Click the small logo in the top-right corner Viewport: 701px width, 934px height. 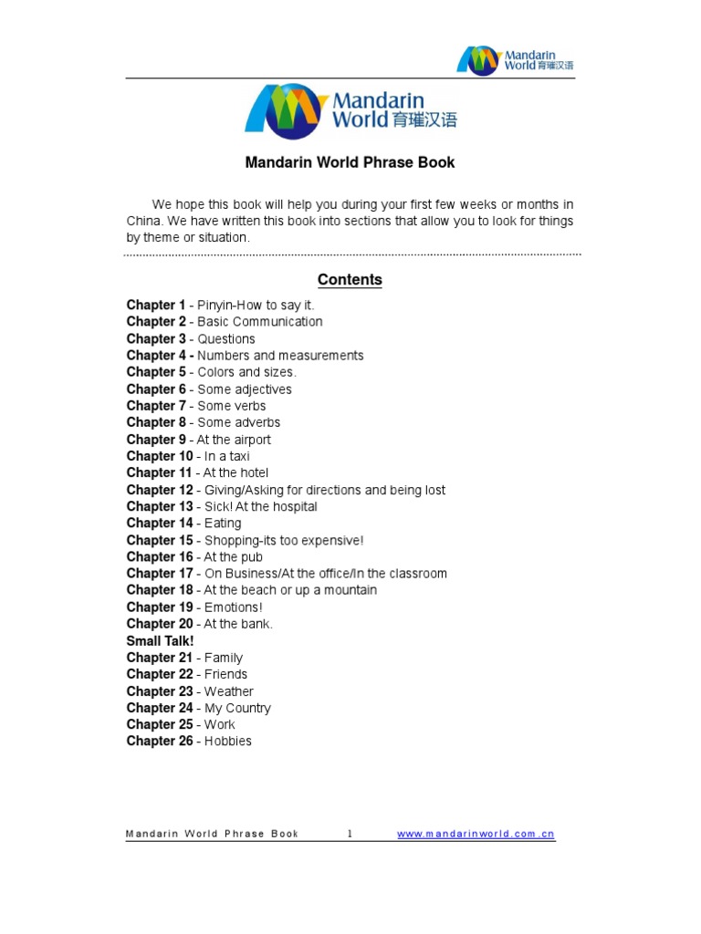(x=516, y=59)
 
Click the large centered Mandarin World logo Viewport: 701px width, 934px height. (x=350, y=111)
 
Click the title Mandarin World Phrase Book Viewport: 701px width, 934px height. (x=350, y=163)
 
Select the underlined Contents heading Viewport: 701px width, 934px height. (x=350, y=280)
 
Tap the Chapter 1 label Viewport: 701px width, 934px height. (x=156, y=306)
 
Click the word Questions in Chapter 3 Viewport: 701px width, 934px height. (x=226, y=339)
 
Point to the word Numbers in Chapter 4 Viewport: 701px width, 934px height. (x=224, y=356)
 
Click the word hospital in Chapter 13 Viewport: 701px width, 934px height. (x=289, y=506)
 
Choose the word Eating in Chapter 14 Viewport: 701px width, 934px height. (x=223, y=524)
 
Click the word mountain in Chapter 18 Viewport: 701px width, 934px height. (x=349, y=590)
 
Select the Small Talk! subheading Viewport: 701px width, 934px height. (x=160, y=641)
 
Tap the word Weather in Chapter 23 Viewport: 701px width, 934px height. (x=229, y=691)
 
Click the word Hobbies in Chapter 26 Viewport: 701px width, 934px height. (x=227, y=742)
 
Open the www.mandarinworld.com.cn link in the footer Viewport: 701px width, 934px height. (x=476, y=834)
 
